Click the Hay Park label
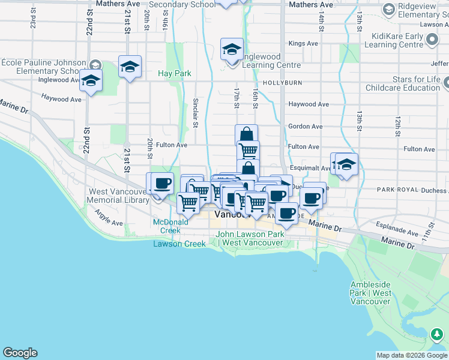tap(174, 73)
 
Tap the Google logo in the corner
tap(20, 353)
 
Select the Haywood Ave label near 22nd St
tap(61, 97)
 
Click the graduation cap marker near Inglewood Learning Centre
tap(232, 50)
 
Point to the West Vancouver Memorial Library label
tap(118, 196)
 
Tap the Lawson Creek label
tap(179, 244)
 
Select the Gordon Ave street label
tap(305, 127)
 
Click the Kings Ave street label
tap(303, 44)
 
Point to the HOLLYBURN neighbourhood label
tap(294, 83)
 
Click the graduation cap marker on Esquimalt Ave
tap(346, 164)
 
